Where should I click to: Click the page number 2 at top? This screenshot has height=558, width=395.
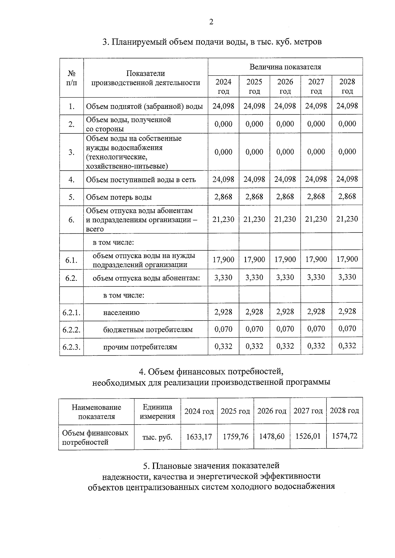tap(211, 22)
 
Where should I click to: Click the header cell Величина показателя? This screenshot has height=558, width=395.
tap(285, 67)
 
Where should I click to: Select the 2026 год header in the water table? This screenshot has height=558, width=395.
tap(285, 86)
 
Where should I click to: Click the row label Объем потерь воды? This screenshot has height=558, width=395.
tap(119, 197)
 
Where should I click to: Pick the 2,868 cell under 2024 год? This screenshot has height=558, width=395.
tap(223, 197)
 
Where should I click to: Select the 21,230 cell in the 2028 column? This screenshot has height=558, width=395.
tap(347, 219)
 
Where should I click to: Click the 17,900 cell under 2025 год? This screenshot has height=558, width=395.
tap(254, 259)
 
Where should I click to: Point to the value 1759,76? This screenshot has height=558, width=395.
tap(235, 436)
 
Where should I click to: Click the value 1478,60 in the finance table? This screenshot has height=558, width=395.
tap(272, 436)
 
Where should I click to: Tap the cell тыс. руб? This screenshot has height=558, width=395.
tap(157, 437)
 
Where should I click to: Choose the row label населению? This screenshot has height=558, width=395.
tap(121, 313)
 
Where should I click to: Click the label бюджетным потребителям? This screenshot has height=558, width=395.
tap(148, 329)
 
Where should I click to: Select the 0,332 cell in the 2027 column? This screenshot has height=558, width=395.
tap(316, 346)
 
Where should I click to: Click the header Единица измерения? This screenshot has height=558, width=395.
tap(157, 412)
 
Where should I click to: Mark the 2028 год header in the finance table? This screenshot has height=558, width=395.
tap(344, 411)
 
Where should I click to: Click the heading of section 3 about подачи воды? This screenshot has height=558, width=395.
tap(212, 42)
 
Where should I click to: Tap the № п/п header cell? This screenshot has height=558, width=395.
tap(71, 78)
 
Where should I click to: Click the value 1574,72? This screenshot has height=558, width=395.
tap(344, 436)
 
